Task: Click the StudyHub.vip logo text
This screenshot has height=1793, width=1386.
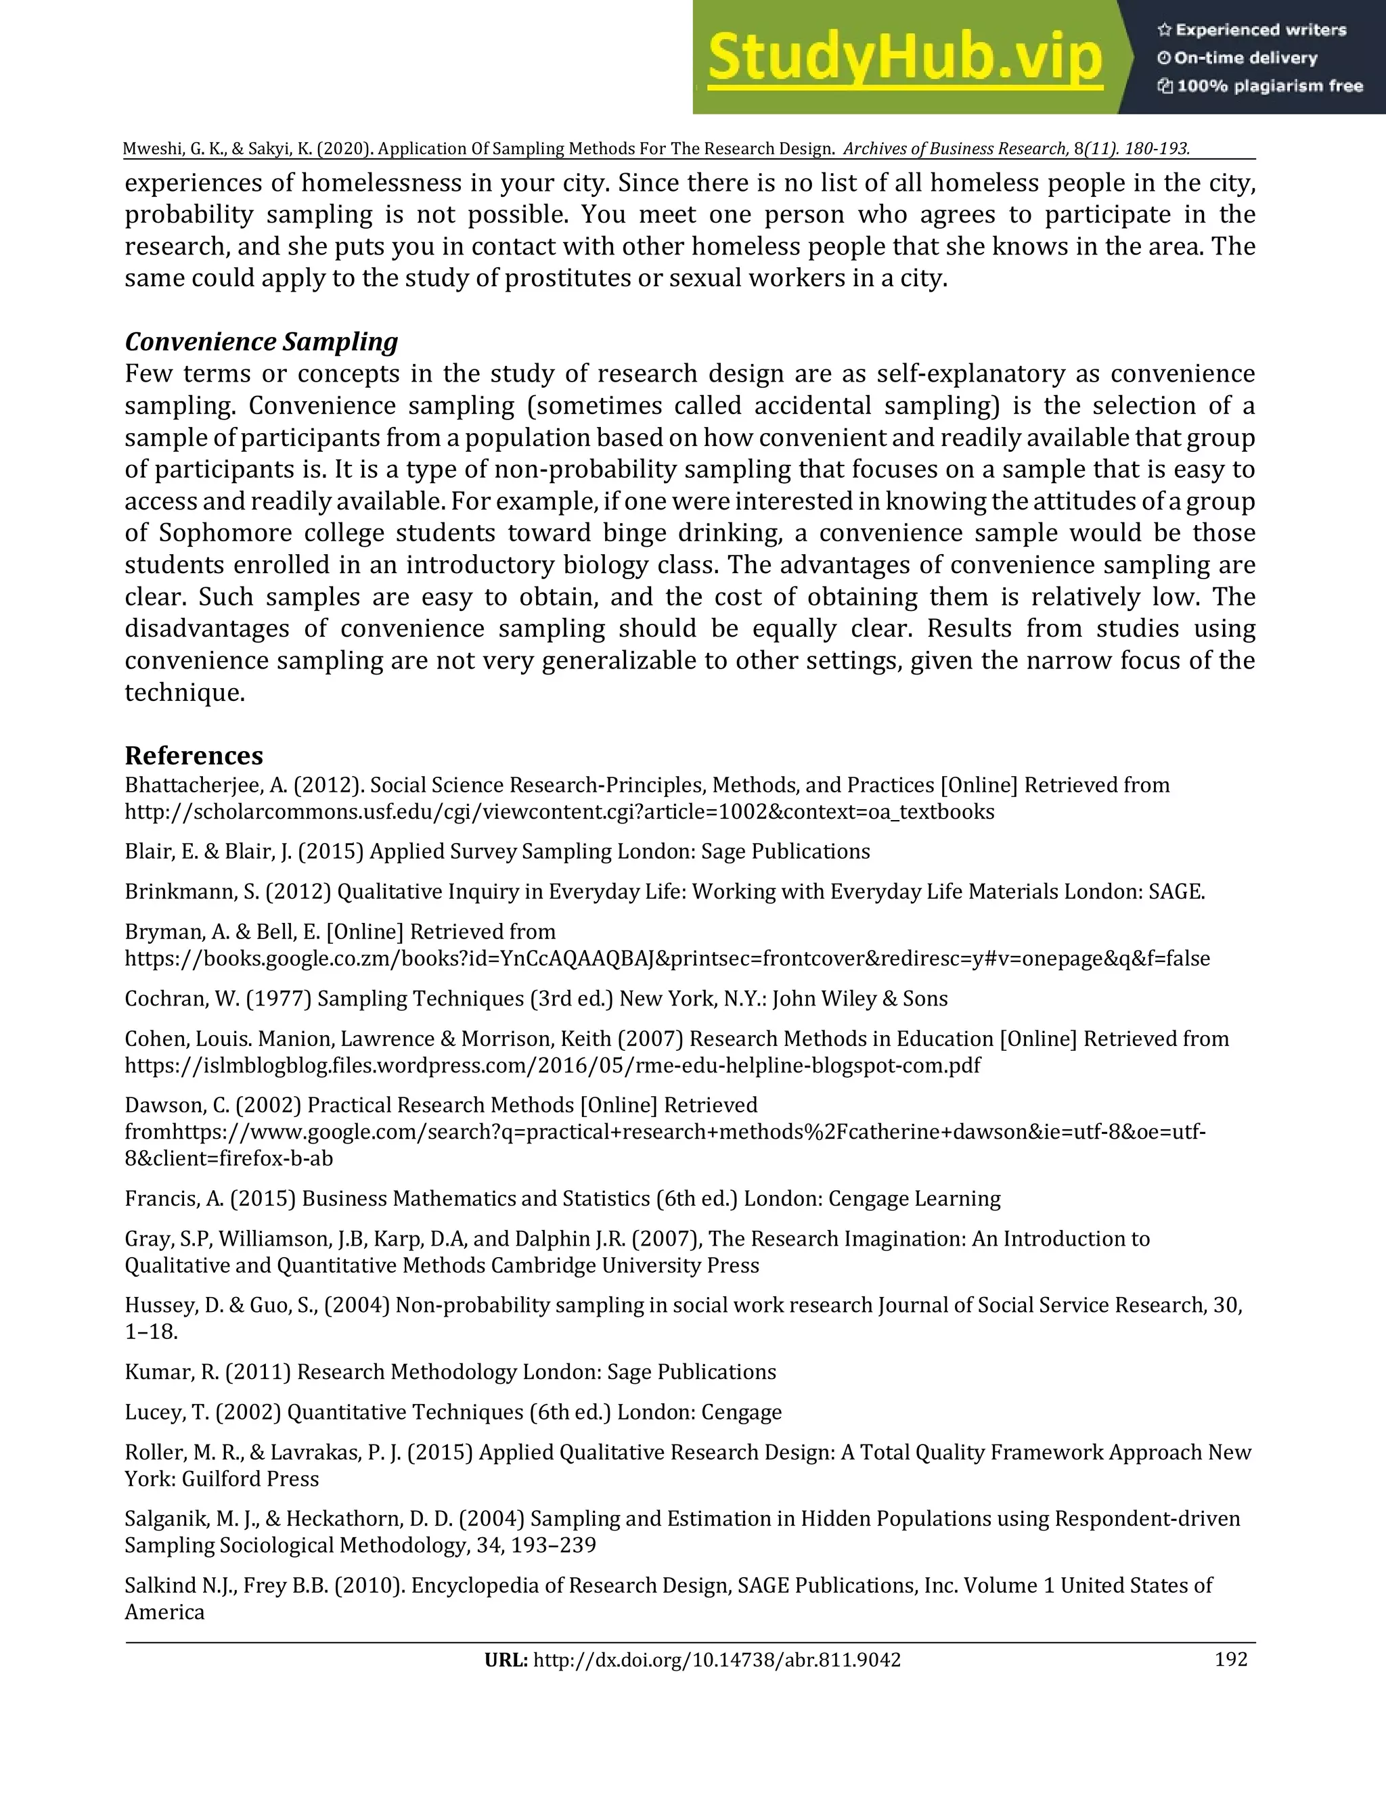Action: click(x=904, y=58)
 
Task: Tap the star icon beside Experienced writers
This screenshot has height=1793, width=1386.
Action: click(x=1163, y=30)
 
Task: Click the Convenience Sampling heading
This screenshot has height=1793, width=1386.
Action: click(x=261, y=342)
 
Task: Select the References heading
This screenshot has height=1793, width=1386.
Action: click(x=194, y=755)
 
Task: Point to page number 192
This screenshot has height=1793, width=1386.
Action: click(x=1231, y=1659)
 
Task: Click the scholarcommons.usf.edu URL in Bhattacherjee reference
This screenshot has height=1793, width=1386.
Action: click(x=559, y=812)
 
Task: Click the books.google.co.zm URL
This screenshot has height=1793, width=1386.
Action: click(x=667, y=958)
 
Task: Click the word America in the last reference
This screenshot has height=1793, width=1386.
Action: click(x=164, y=1612)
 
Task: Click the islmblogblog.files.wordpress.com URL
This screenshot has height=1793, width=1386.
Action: click(x=552, y=1066)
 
